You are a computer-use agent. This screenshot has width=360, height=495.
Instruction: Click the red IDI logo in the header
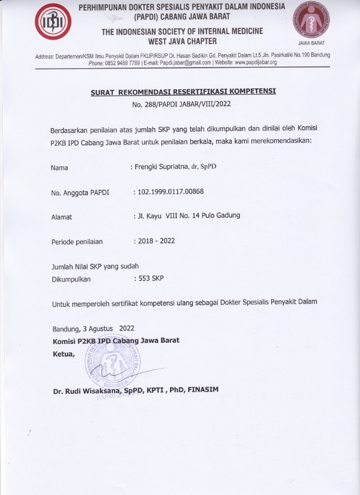coord(54,25)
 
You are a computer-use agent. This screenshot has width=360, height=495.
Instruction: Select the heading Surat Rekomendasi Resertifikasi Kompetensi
coord(183,92)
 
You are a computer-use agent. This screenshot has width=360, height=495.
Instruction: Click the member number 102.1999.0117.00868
coord(171,192)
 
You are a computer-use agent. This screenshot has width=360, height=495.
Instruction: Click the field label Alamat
coord(62,217)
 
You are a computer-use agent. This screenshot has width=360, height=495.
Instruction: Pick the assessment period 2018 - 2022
coord(156,240)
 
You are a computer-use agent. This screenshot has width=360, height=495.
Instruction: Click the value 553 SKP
coord(151,279)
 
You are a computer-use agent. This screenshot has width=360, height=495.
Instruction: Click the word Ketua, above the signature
coord(64,353)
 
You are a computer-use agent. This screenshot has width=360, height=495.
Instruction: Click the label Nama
coord(59,168)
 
